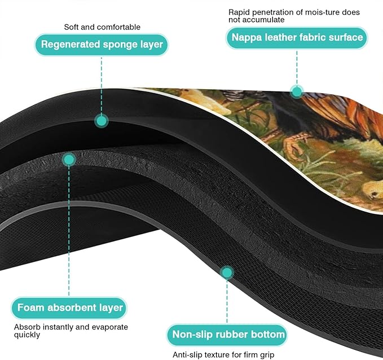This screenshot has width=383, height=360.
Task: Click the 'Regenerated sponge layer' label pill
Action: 102,45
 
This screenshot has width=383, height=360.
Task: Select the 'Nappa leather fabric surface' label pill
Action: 297,38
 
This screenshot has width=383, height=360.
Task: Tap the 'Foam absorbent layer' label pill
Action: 69,308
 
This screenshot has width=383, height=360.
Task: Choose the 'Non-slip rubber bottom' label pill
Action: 227,335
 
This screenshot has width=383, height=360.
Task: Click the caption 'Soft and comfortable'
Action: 102,27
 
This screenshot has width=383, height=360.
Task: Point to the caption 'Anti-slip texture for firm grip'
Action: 223,354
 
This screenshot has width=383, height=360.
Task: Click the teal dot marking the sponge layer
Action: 102,121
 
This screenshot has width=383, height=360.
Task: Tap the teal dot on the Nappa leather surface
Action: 297,92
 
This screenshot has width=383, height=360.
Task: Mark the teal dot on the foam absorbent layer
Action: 69,160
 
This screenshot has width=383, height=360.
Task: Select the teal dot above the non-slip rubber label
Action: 227,273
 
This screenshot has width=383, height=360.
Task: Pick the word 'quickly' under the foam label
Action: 27,335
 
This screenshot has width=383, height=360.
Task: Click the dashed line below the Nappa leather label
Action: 297,68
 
